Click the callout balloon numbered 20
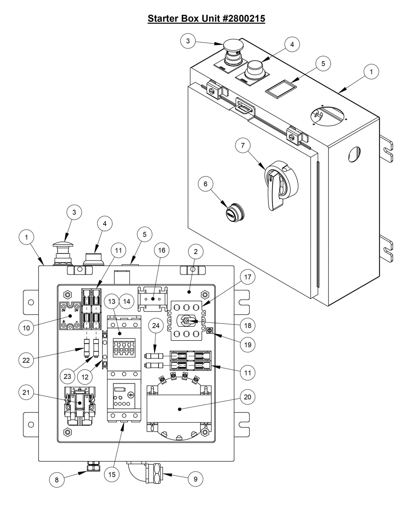tap(248, 397)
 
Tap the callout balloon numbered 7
tap(243, 146)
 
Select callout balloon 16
tap(161, 250)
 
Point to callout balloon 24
tap(155, 326)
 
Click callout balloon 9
tap(195, 479)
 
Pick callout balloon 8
tap(57, 480)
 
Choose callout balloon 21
tap(26, 393)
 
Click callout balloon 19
tap(248, 345)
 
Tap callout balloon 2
tap(195, 252)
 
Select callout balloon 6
tap(205, 184)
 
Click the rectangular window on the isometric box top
tap(281, 89)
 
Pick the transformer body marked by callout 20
tap(179, 409)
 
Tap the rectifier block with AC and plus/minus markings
tap(69, 316)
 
